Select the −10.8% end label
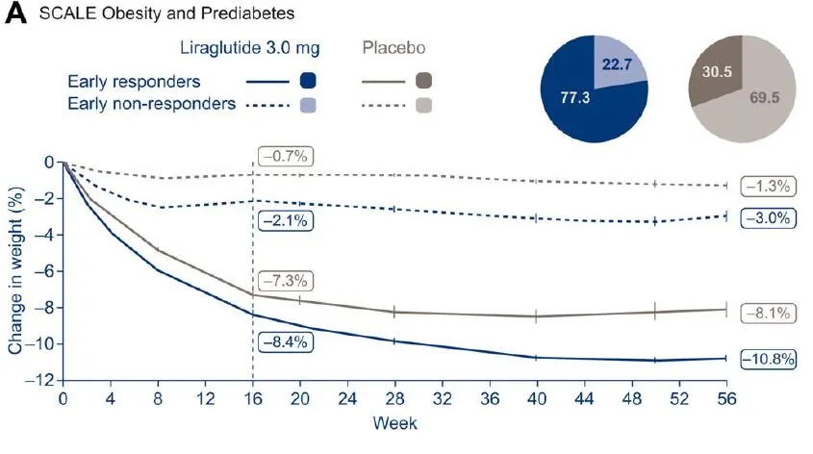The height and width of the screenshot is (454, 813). coord(769,359)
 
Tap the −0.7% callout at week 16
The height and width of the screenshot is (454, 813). coord(286,156)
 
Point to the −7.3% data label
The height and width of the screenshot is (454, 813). coord(284,281)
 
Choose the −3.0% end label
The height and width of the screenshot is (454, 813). coord(767,217)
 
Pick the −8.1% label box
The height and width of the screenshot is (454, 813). coord(767,312)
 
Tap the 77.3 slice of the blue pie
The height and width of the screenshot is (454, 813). coord(575,98)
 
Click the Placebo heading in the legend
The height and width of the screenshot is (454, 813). coord(395,46)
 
